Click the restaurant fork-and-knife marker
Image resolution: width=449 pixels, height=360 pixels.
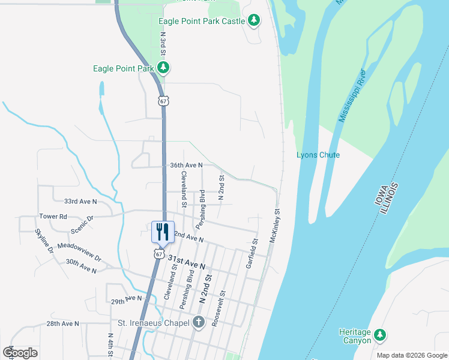162,232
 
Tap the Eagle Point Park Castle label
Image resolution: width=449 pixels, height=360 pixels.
201,21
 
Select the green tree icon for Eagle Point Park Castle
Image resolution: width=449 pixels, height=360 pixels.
254,21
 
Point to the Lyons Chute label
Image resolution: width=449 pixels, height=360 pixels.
318,155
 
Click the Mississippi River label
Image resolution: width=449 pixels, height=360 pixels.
352,96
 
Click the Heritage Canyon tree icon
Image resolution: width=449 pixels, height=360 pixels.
379,335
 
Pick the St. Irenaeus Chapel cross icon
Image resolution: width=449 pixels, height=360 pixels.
199,322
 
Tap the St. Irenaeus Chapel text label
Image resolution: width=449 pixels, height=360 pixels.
154,322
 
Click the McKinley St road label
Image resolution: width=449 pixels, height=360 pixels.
276,225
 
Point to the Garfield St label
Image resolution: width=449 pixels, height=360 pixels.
252,254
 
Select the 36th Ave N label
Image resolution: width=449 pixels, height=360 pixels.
186,165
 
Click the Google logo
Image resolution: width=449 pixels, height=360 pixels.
20,353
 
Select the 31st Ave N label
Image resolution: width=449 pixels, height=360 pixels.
187,262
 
